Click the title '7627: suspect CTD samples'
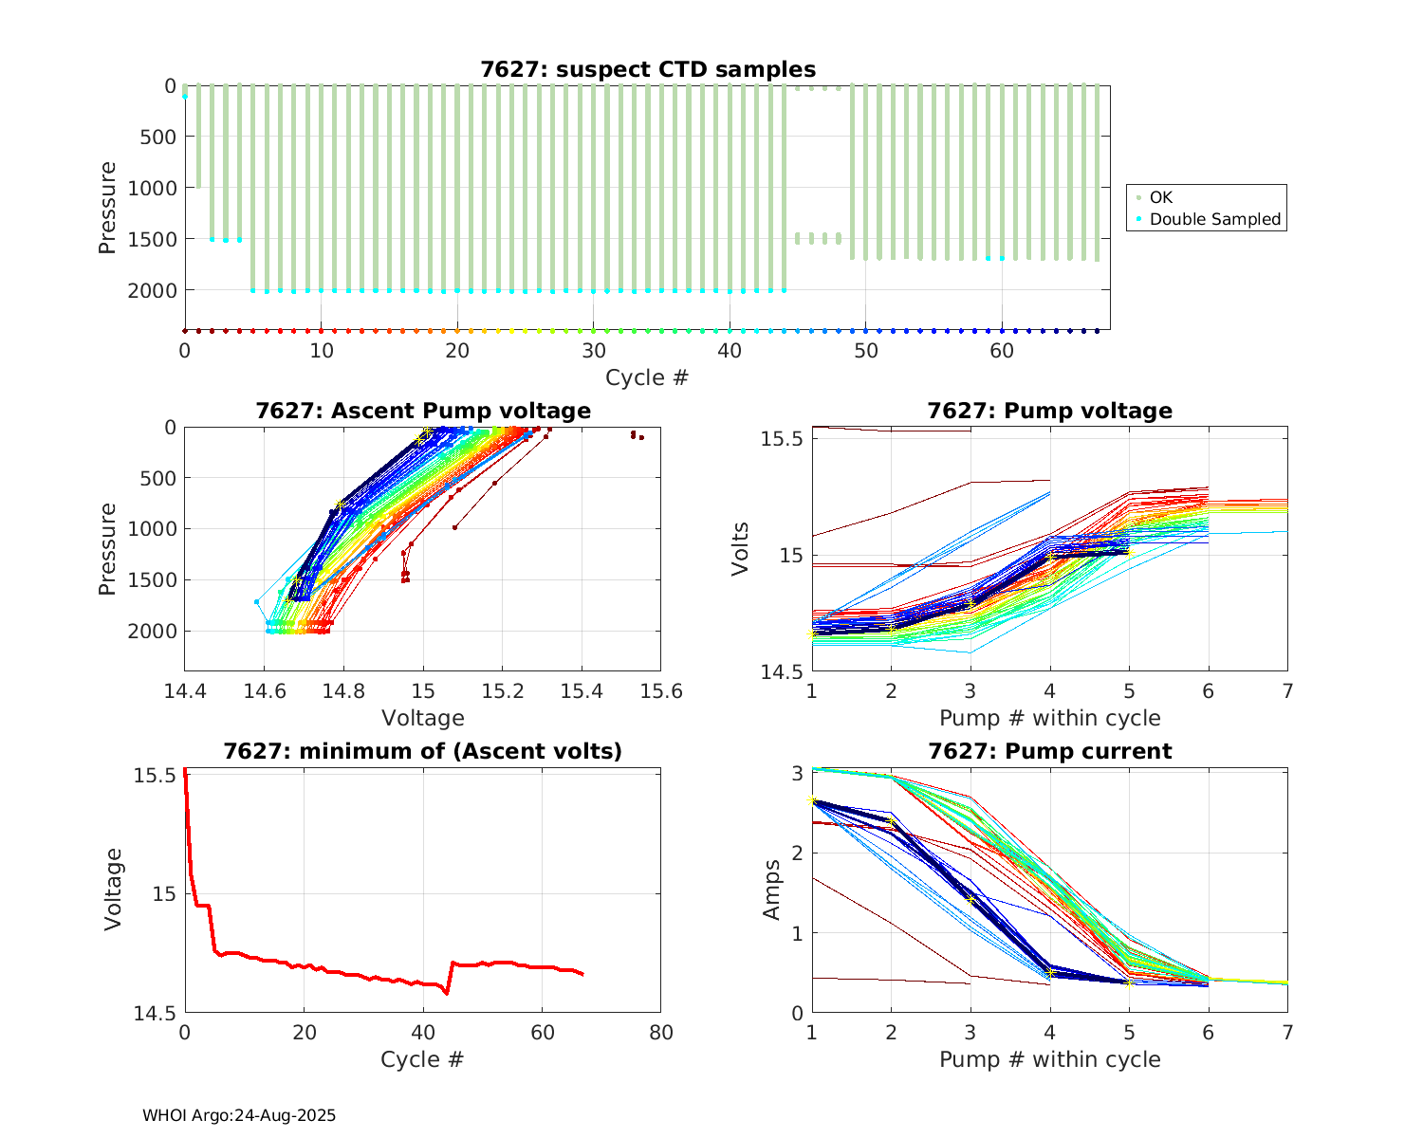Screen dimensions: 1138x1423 pyautogui.click(x=647, y=69)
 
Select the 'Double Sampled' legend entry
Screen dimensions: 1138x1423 pyautogui.click(x=1214, y=219)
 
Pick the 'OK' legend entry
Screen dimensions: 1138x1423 pyautogui.click(x=1160, y=197)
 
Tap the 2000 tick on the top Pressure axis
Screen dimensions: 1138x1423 pyautogui.click(x=152, y=290)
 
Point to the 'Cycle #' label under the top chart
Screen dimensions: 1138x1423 pyautogui.click(x=647, y=377)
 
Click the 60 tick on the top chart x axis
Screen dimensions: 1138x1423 pyautogui.click(x=1003, y=350)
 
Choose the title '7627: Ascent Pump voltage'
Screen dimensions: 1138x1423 pyautogui.click(x=422, y=411)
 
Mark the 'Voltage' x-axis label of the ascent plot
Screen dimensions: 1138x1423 pyautogui.click(x=422, y=718)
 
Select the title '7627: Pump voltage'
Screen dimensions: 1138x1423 pyautogui.click(x=1049, y=411)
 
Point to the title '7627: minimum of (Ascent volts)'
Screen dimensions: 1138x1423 pyautogui.click(x=422, y=751)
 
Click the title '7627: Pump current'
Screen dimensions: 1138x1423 pyautogui.click(x=1049, y=751)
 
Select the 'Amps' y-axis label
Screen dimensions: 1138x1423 pyautogui.click(x=772, y=889)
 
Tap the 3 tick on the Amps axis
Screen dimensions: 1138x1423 pyautogui.click(x=797, y=773)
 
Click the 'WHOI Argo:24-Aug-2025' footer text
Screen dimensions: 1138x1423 pyautogui.click(x=239, y=1115)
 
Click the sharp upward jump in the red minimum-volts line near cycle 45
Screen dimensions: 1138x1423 pyautogui.click(x=450, y=977)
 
